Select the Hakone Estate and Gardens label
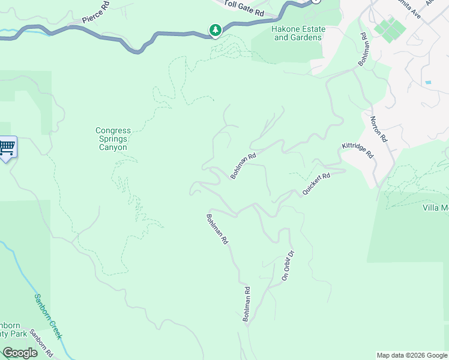[x=298, y=33]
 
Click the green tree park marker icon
[x=215, y=29]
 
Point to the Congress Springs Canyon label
[x=112, y=139]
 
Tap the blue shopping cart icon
[x=7, y=148]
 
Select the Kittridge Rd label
[x=358, y=150]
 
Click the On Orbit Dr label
[x=288, y=265]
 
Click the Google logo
[x=20, y=353]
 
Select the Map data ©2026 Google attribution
[x=412, y=355]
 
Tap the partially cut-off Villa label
[x=436, y=208]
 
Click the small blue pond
[x=427, y=82]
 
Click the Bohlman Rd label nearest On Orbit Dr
[x=246, y=304]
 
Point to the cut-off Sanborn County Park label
[x=13, y=331]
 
